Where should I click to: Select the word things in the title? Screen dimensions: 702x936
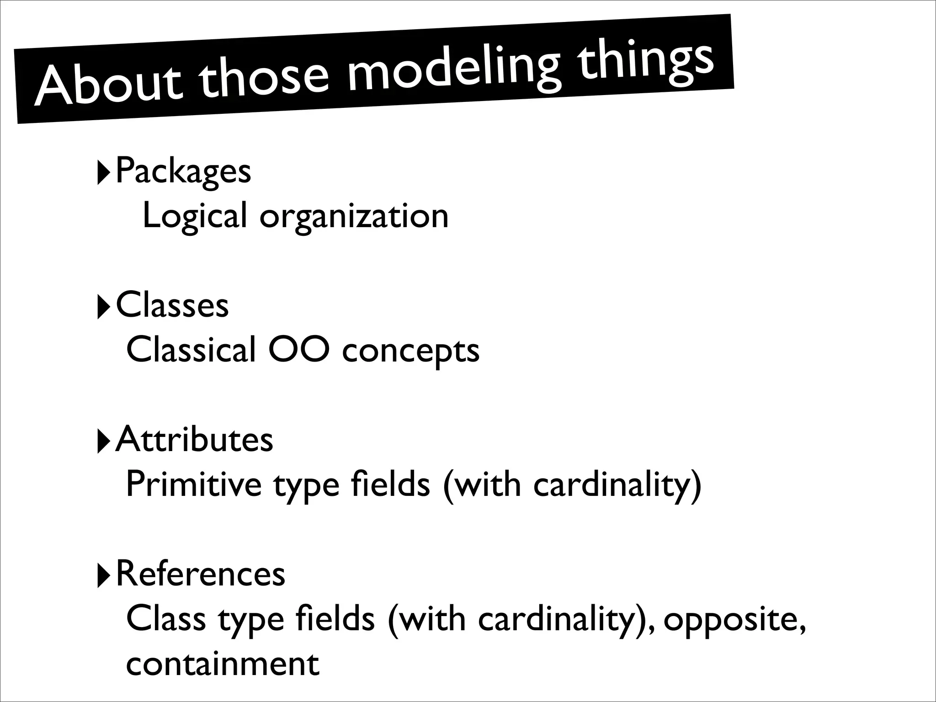[645, 62]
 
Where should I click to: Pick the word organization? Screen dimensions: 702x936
[354, 217]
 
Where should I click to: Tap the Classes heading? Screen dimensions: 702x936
[172, 305]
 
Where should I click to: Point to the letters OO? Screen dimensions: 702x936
[298, 350]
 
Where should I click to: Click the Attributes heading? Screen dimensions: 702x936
[195, 439]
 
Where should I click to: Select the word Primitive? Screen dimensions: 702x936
[193, 484]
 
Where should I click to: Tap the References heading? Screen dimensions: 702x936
[201, 574]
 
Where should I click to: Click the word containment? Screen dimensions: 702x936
[222, 664]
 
